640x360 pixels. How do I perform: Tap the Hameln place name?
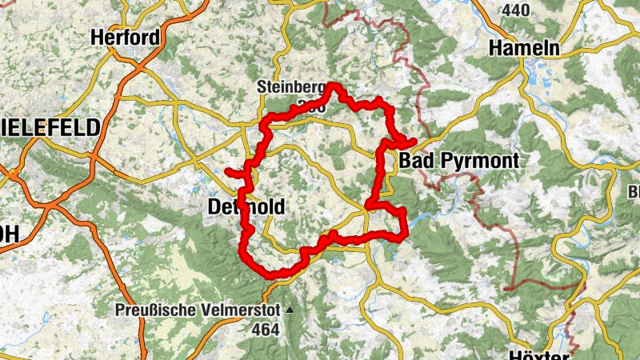tap(525, 47)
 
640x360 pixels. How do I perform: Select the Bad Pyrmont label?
tap(458, 161)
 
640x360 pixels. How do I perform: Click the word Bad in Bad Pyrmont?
tap(414, 161)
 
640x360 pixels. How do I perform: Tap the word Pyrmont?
tap(477, 161)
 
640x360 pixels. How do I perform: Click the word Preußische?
tap(155, 310)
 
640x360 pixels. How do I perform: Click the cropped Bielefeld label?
tap(50, 127)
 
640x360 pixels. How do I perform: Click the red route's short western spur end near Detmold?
tap(228, 171)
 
